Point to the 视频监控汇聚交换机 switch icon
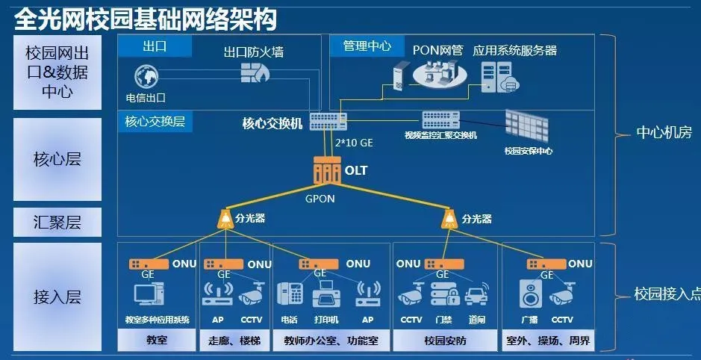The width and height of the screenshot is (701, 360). point(440,120)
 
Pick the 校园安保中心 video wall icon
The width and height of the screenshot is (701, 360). point(527,125)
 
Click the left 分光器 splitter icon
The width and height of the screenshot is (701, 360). point(224,219)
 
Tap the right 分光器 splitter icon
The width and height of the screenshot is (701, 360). point(449,219)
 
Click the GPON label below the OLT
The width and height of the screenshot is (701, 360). point(320,199)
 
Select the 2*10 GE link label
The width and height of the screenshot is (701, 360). point(354,142)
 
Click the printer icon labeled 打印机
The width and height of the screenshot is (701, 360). point(325,295)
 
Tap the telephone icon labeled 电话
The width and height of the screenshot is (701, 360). point(289,295)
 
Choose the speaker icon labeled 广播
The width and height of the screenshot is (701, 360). point(531,295)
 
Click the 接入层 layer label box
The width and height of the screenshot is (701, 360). point(57,297)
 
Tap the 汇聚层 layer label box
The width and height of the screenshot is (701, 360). point(57,222)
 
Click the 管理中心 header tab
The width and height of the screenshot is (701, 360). point(367,46)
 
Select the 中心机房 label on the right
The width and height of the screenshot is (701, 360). point(664,133)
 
